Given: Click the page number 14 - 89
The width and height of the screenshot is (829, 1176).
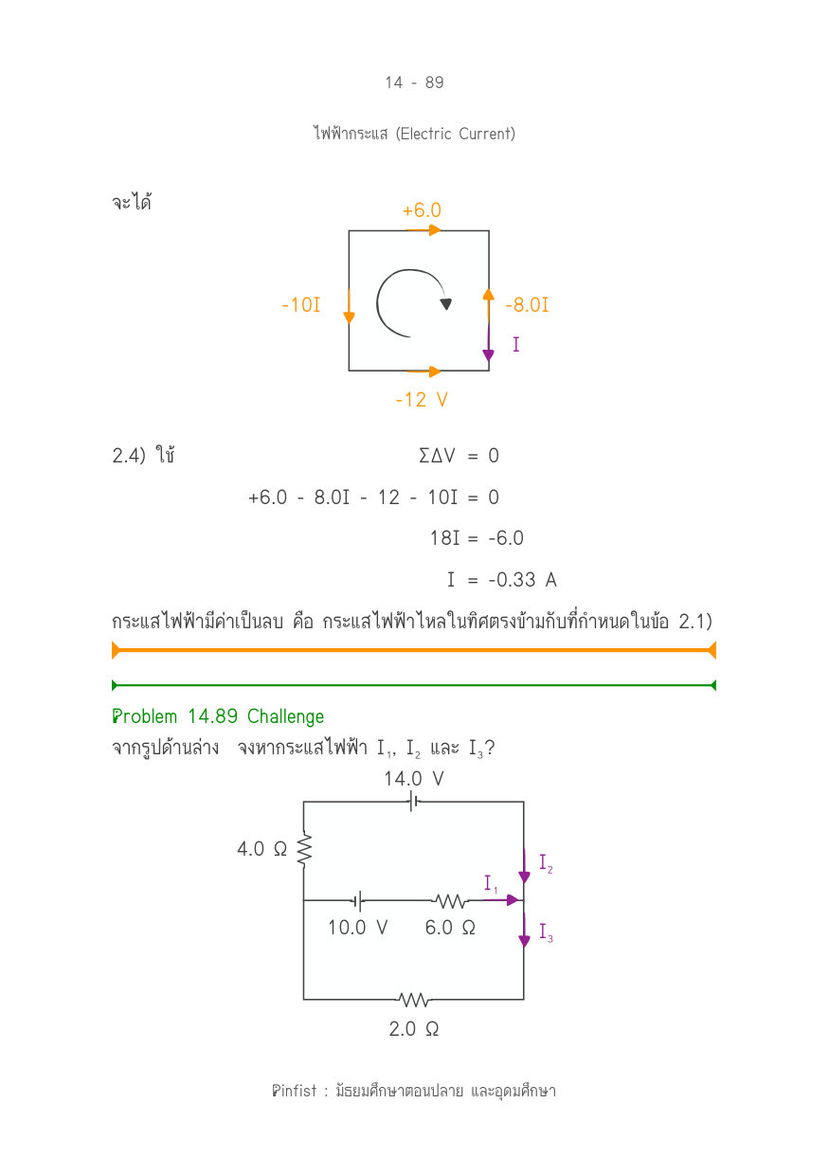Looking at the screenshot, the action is pyautogui.click(x=414, y=82).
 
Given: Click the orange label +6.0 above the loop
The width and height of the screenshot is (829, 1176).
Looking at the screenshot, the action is pyautogui.click(x=422, y=210).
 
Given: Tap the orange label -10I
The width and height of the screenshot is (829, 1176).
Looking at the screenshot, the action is pyautogui.click(x=301, y=304).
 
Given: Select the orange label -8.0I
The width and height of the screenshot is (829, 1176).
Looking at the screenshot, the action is pyautogui.click(x=527, y=304).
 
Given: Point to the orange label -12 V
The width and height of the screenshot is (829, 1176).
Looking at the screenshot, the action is pyautogui.click(x=422, y=400).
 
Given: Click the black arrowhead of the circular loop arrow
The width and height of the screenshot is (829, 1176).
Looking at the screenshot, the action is pyautogui.click(x=445, y=304).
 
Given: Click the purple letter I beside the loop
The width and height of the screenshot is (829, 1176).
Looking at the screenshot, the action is pyautogui.click(x=516, y=344).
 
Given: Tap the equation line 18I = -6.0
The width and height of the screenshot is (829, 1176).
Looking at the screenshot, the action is pyautogui.click(x=477, y=537).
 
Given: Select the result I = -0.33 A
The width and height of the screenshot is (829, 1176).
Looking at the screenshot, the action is pyautogui.click(x=501, y=580).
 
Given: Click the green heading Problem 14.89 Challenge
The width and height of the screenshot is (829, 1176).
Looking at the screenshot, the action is pyautogui.click(x=218, y=716).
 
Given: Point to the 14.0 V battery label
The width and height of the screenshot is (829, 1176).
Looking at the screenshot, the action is pyautogui.click(x=414, y=779).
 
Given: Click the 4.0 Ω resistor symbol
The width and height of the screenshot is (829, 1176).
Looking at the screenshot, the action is pyautogui.click(x=304, y=849).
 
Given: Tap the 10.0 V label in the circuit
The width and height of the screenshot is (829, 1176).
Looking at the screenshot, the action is pyautogui.click(x=357, y=927).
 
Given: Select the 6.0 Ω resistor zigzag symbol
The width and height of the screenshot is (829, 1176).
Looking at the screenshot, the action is pyautogui.click(x=450, y=901).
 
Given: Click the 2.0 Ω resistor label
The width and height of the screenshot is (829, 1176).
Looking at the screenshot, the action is pyautogui.click(x=414, y=1028).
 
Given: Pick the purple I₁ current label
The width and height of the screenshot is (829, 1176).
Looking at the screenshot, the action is pyautogui.click(x=491, y=883).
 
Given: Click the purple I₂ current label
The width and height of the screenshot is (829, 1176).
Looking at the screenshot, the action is pyautogui.click(x=546, y=863).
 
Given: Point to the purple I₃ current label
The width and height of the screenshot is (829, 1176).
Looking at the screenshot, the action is pyautogui.click(x=546, y=932).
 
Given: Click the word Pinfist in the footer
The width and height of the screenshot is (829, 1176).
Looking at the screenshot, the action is pyautogui.click(x=294, y=1091).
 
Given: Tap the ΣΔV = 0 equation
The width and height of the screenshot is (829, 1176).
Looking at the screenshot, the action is pyautogui.click(x=459, y=455).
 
